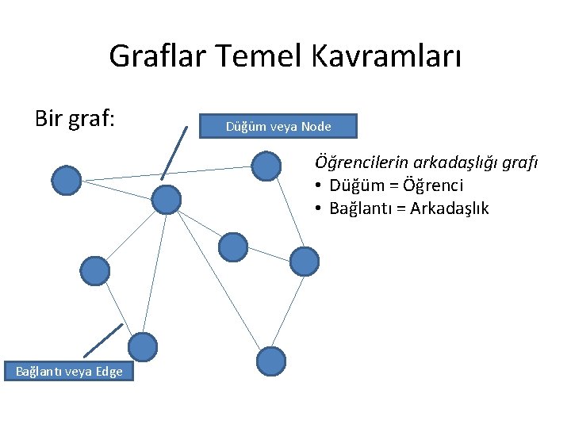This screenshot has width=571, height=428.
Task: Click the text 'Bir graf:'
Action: tap(75, 119)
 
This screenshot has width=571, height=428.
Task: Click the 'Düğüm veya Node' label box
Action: tap(278, 126)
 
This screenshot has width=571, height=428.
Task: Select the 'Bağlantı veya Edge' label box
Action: tap(69, 371)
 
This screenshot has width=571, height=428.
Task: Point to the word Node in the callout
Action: tap(316, 126)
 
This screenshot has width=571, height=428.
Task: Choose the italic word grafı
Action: tap(520, 162)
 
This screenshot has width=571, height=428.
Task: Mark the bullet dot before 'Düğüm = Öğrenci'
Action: tap(317, 186)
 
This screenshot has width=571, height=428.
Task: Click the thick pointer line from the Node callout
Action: tap(174, 151)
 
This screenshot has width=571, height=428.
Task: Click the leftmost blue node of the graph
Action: tap(67, 181)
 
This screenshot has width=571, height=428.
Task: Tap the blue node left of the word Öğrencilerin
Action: tap(266, 166)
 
